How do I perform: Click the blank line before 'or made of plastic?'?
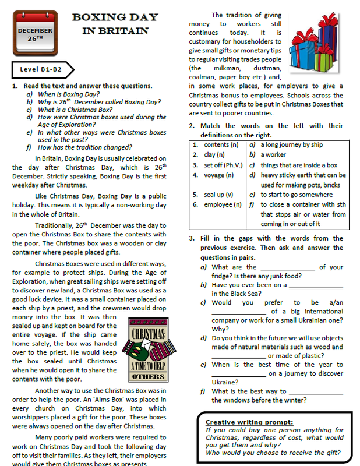point(238,356)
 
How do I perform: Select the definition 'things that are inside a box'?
point(299,165)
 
